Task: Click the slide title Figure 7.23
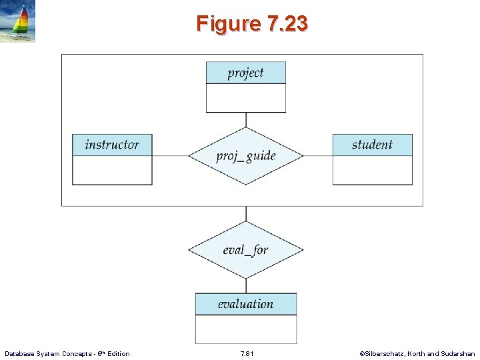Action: pyautogui.click(x=252, y=24)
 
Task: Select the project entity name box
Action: pyautogui.click(x=245, y=73)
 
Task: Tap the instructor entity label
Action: pyautogui.click(x=112, y=145)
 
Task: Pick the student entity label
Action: pyautogui.click(x=372, y=145)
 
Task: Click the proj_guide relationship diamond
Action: pyautogui.click(x=245, y=156)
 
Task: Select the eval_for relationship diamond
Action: pyautogui.click(x=245, y=250)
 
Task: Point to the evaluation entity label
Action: pyautogui.click(x=245, y=304)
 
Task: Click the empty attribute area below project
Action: pyautogui.click(x=245, y=98)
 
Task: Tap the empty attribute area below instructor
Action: pyautogui.click(x=112, y=170)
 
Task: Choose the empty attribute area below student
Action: pyautogui.click(x=372, y=170)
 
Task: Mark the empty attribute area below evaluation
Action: pyautogui.click(x=245, y=329)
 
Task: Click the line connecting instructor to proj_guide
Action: pyautogui.click(x=170, y=156)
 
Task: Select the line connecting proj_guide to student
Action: pyautogui.click(x=318, y=156)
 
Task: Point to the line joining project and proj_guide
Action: pyautogui.click(x=246, y=119)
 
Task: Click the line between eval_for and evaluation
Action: pyautogui.click(x=246, y=285)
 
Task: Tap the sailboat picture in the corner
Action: pyautogui.click(x=18, y=22)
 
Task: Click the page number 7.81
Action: pyautogui.click(x=246, y=353)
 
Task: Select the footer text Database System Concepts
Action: pyautogui.click(x=67, y=353)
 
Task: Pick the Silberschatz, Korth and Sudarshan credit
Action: pyautogui.click(x=417, y=353)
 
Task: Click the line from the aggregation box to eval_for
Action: pyautogui.click(x=246, y=213)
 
